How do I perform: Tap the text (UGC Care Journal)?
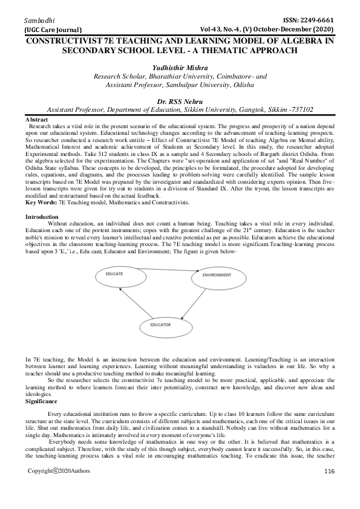(53, 29)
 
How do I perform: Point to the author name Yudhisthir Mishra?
(179, 68)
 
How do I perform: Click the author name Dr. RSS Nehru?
(180, 101)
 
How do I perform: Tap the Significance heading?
(42, 384)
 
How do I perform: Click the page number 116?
(329, 488)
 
